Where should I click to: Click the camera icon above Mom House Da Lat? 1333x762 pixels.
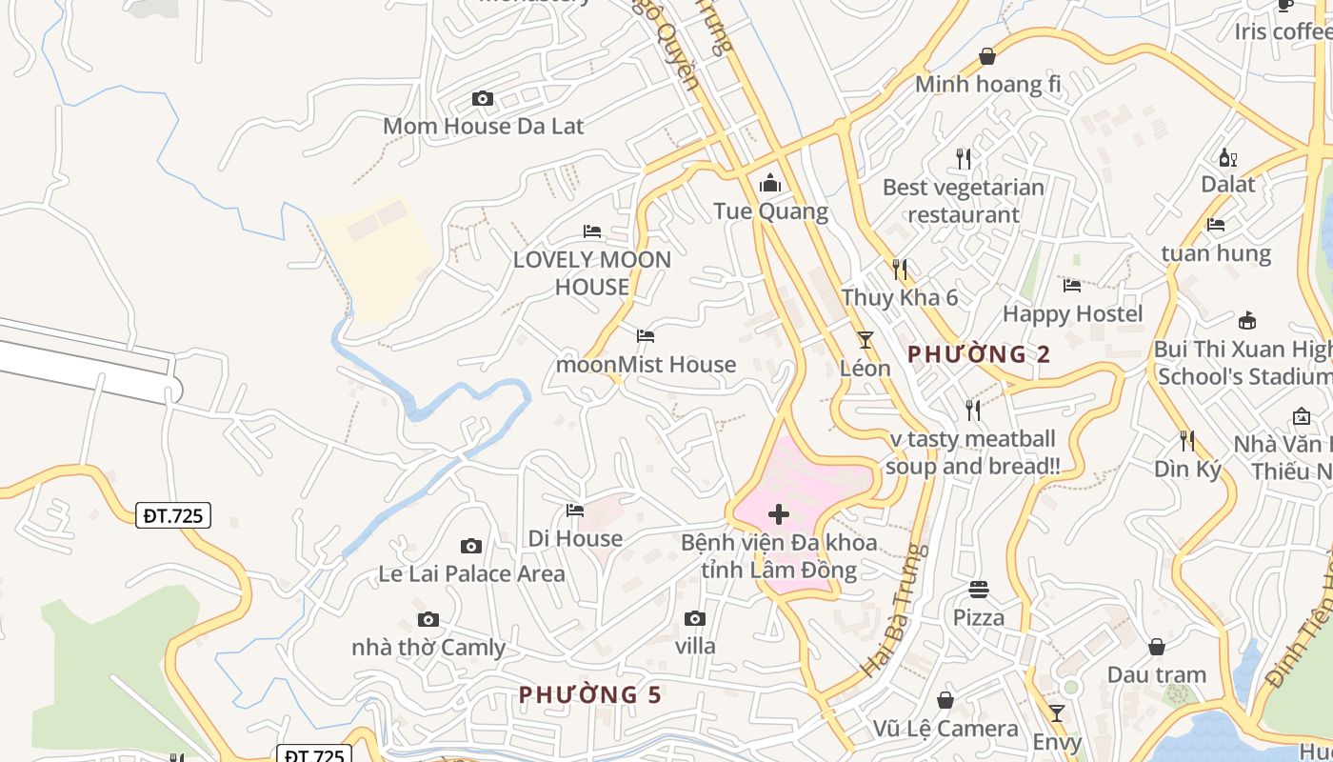[x=483, y=98]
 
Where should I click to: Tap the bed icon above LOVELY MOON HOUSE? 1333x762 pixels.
[x=592, y=231]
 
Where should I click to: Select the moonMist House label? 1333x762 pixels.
[x=646, y=364]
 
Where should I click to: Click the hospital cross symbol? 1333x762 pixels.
[x=779, y=515]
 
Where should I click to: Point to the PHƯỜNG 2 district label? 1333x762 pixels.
[x=979, y=354]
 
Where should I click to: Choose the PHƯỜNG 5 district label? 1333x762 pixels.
[x=589, y=694]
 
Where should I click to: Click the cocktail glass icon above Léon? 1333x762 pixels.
[x=865, y=339]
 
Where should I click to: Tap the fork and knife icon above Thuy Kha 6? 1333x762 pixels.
[x=900, y=269]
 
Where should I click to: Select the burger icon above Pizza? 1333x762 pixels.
[x=979, y=589]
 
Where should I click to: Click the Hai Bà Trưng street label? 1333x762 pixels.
[x=893, y=611]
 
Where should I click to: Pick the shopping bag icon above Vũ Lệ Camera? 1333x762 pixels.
[x=945, y=700]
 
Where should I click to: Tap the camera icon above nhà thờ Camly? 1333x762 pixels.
[x=428, y=619]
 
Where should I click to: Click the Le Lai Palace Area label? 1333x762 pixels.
[x=471, y=573]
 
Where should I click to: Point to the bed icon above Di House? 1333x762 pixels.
[x=575, y=511]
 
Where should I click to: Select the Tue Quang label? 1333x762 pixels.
[x=770, y=211]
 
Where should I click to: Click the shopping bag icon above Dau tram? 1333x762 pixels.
[x=1157, y=647]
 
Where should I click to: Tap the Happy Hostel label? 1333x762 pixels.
[x=1072, y=313]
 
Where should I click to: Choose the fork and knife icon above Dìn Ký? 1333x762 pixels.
[x=1187, y=440]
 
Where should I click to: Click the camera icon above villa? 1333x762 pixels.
[x=695, y=618]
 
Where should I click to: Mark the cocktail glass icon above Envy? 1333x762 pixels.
[x=1057, y=712]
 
